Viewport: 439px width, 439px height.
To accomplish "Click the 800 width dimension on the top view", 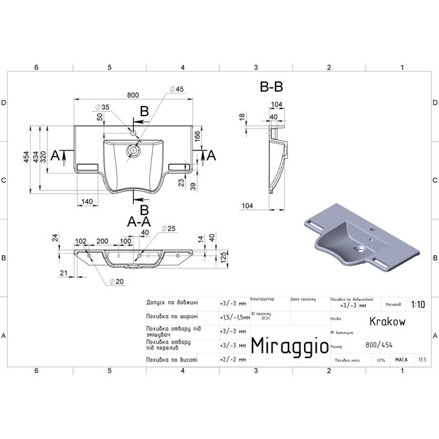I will [x=133, y=95].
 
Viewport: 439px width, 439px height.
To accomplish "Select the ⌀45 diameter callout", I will [x=176, y=89].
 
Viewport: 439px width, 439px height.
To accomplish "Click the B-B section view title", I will [x=271, y=86].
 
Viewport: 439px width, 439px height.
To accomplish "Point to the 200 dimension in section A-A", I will [x=102, y=241].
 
